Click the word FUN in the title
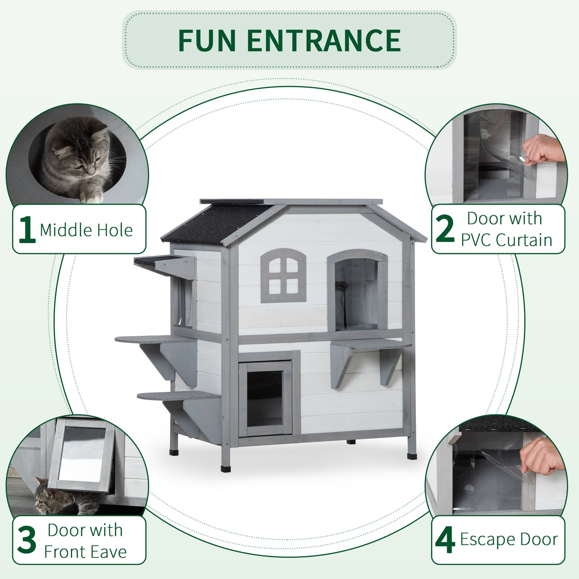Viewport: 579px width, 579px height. coord(206,40)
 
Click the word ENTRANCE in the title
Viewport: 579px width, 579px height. coord(324,40)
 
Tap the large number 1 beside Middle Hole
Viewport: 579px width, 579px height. coord(26,230)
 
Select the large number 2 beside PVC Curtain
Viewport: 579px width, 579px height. coord(445,229)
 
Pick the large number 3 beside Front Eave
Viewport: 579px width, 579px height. coord(27,540)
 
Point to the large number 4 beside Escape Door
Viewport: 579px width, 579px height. coord(445,541)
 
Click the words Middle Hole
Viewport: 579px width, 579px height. coord(86,230)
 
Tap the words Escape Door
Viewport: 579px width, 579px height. coord(508,539)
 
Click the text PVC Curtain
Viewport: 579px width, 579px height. coord(506,240)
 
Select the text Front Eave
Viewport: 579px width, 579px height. coord(85,552)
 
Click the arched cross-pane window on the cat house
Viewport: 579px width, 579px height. coord(283,276)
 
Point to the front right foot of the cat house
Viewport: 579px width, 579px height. coord(412,456)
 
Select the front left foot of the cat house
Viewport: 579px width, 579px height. coord(226,468)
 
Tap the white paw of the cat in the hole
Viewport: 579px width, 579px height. coord(91,196)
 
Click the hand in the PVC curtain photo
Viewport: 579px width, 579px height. coord(543,149)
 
